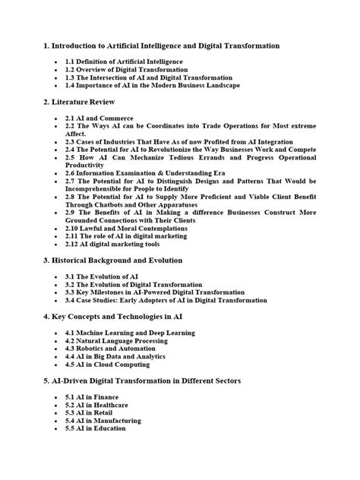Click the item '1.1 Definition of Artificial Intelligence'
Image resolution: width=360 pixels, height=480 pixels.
(131, 59)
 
